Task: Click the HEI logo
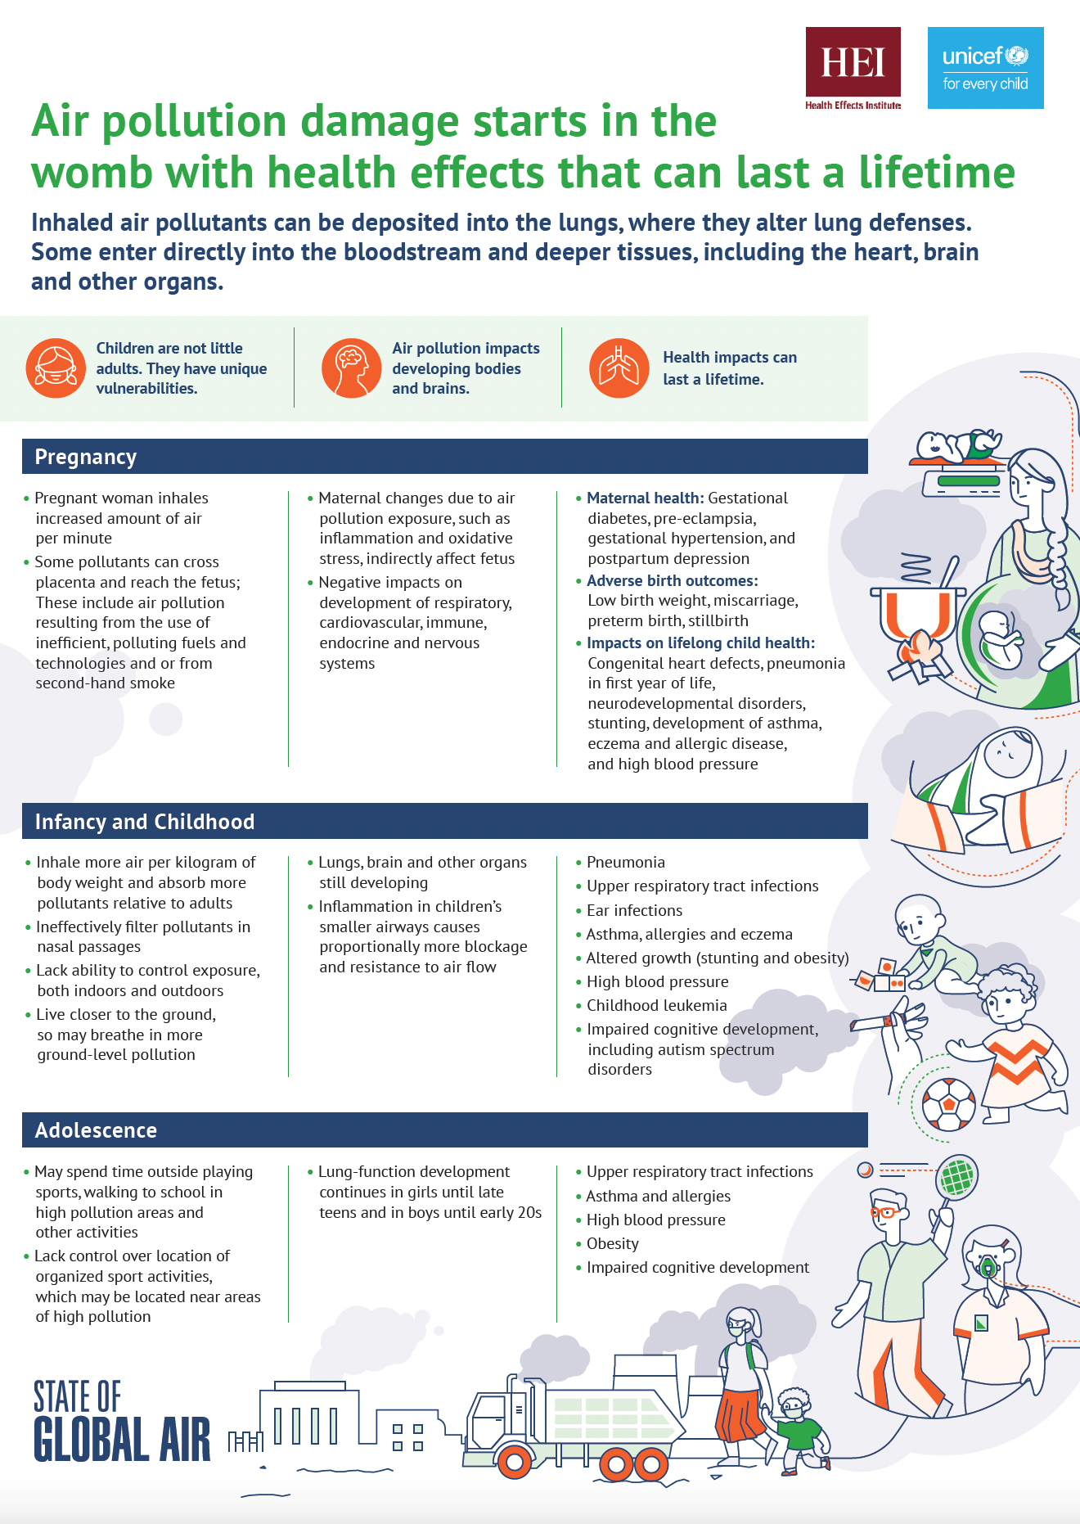click(853, 67)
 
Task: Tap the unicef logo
click(985, 68)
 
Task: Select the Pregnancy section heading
click(85, 457)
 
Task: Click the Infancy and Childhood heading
click(144, 822)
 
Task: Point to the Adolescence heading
click(96, 1130)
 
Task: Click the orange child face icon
click(55, 368)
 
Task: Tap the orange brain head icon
click(351, 368)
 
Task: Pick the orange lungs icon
click(619, 368)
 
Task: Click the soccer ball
click(948, 1104)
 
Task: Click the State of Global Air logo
click(121, 1422)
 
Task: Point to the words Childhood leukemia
click(656, 1005)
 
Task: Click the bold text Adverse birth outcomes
click(672, 580)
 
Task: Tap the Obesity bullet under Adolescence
click(612, 1243)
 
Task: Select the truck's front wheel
click(515, 1462)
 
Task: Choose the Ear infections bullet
click(634, 910)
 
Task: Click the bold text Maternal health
click(645, 498)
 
